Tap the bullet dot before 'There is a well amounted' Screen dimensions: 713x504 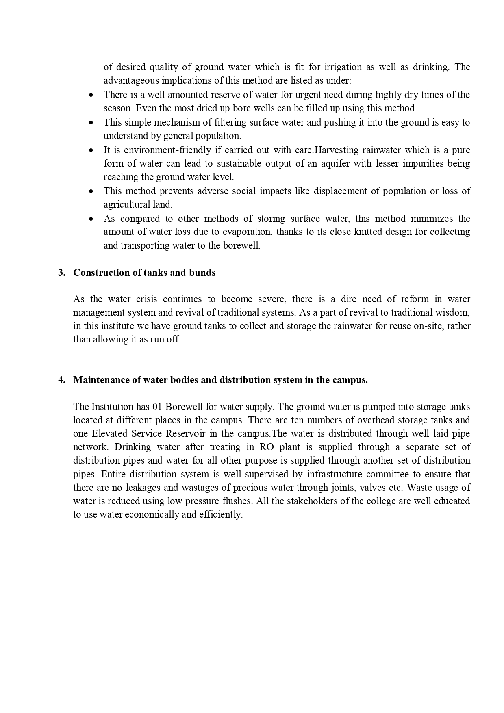pos(91,95)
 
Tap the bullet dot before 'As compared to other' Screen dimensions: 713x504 pos(91,219)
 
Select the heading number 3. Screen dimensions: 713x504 pos(61,273)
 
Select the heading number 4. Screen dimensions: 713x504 pos(61,380)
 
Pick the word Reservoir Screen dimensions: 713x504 pos(184,434)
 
